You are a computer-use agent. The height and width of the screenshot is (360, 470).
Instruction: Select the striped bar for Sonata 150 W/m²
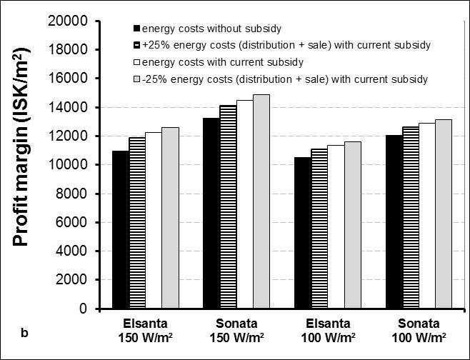pyautogui.click(x=229, y=206)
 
